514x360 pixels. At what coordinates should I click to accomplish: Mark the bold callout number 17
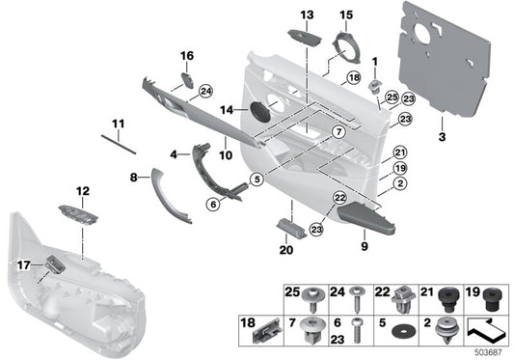23,263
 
